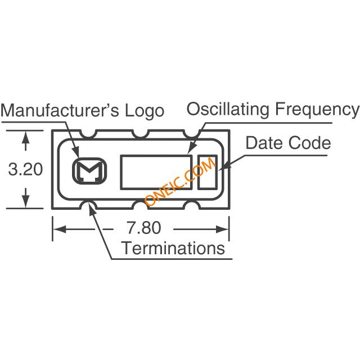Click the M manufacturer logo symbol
click(89, 170)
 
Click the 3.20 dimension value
click(25, 169)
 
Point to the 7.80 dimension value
click(144, 227)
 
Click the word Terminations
click(174, 248)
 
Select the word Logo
click(145, 111)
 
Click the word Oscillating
click(228, 109)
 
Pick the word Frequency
click(317, 109)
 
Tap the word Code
click(310, 143)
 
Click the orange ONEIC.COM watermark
click(180, 181)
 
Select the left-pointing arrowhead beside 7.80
click(59, 229)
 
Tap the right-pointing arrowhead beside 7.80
click(223, 229)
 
